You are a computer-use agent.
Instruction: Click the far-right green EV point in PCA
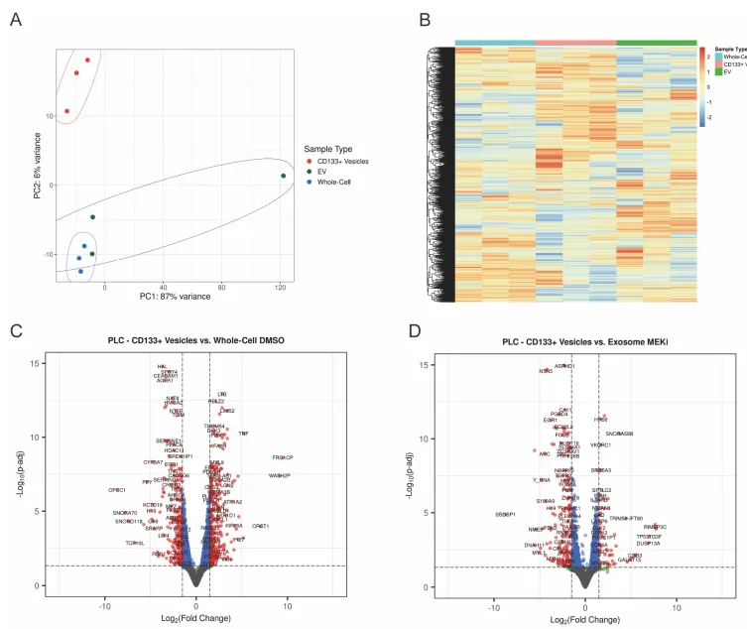[283, 176]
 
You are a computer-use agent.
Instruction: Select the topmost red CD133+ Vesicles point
[87, 60]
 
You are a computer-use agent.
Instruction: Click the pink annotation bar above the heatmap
[575, 43]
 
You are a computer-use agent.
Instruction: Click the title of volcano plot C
[195, 341]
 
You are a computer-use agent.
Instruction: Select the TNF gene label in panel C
[244, 434]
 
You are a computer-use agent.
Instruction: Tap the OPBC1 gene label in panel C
[117, 490]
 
